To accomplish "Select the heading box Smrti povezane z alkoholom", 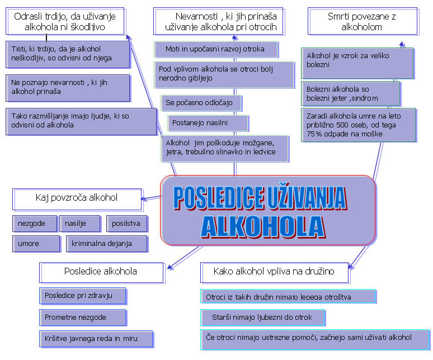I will tap(362, 22).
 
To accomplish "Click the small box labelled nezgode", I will tap(35, 224).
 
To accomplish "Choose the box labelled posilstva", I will tap(127, 224).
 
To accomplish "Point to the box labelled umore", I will tap(36, 244).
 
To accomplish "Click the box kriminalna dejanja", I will tap(106, 244).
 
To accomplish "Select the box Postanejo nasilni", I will tap(208, 122).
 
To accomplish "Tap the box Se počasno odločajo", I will tap(202, 103).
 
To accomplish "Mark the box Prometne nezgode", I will tap(83, 318).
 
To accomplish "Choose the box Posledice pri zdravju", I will tap(83, 296).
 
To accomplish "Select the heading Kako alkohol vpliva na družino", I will tap(274, 272).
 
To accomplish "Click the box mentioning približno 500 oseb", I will tap(357, 125).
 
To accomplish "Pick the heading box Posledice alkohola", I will tap(101, 272).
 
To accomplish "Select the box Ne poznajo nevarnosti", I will tap(67, 87).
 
